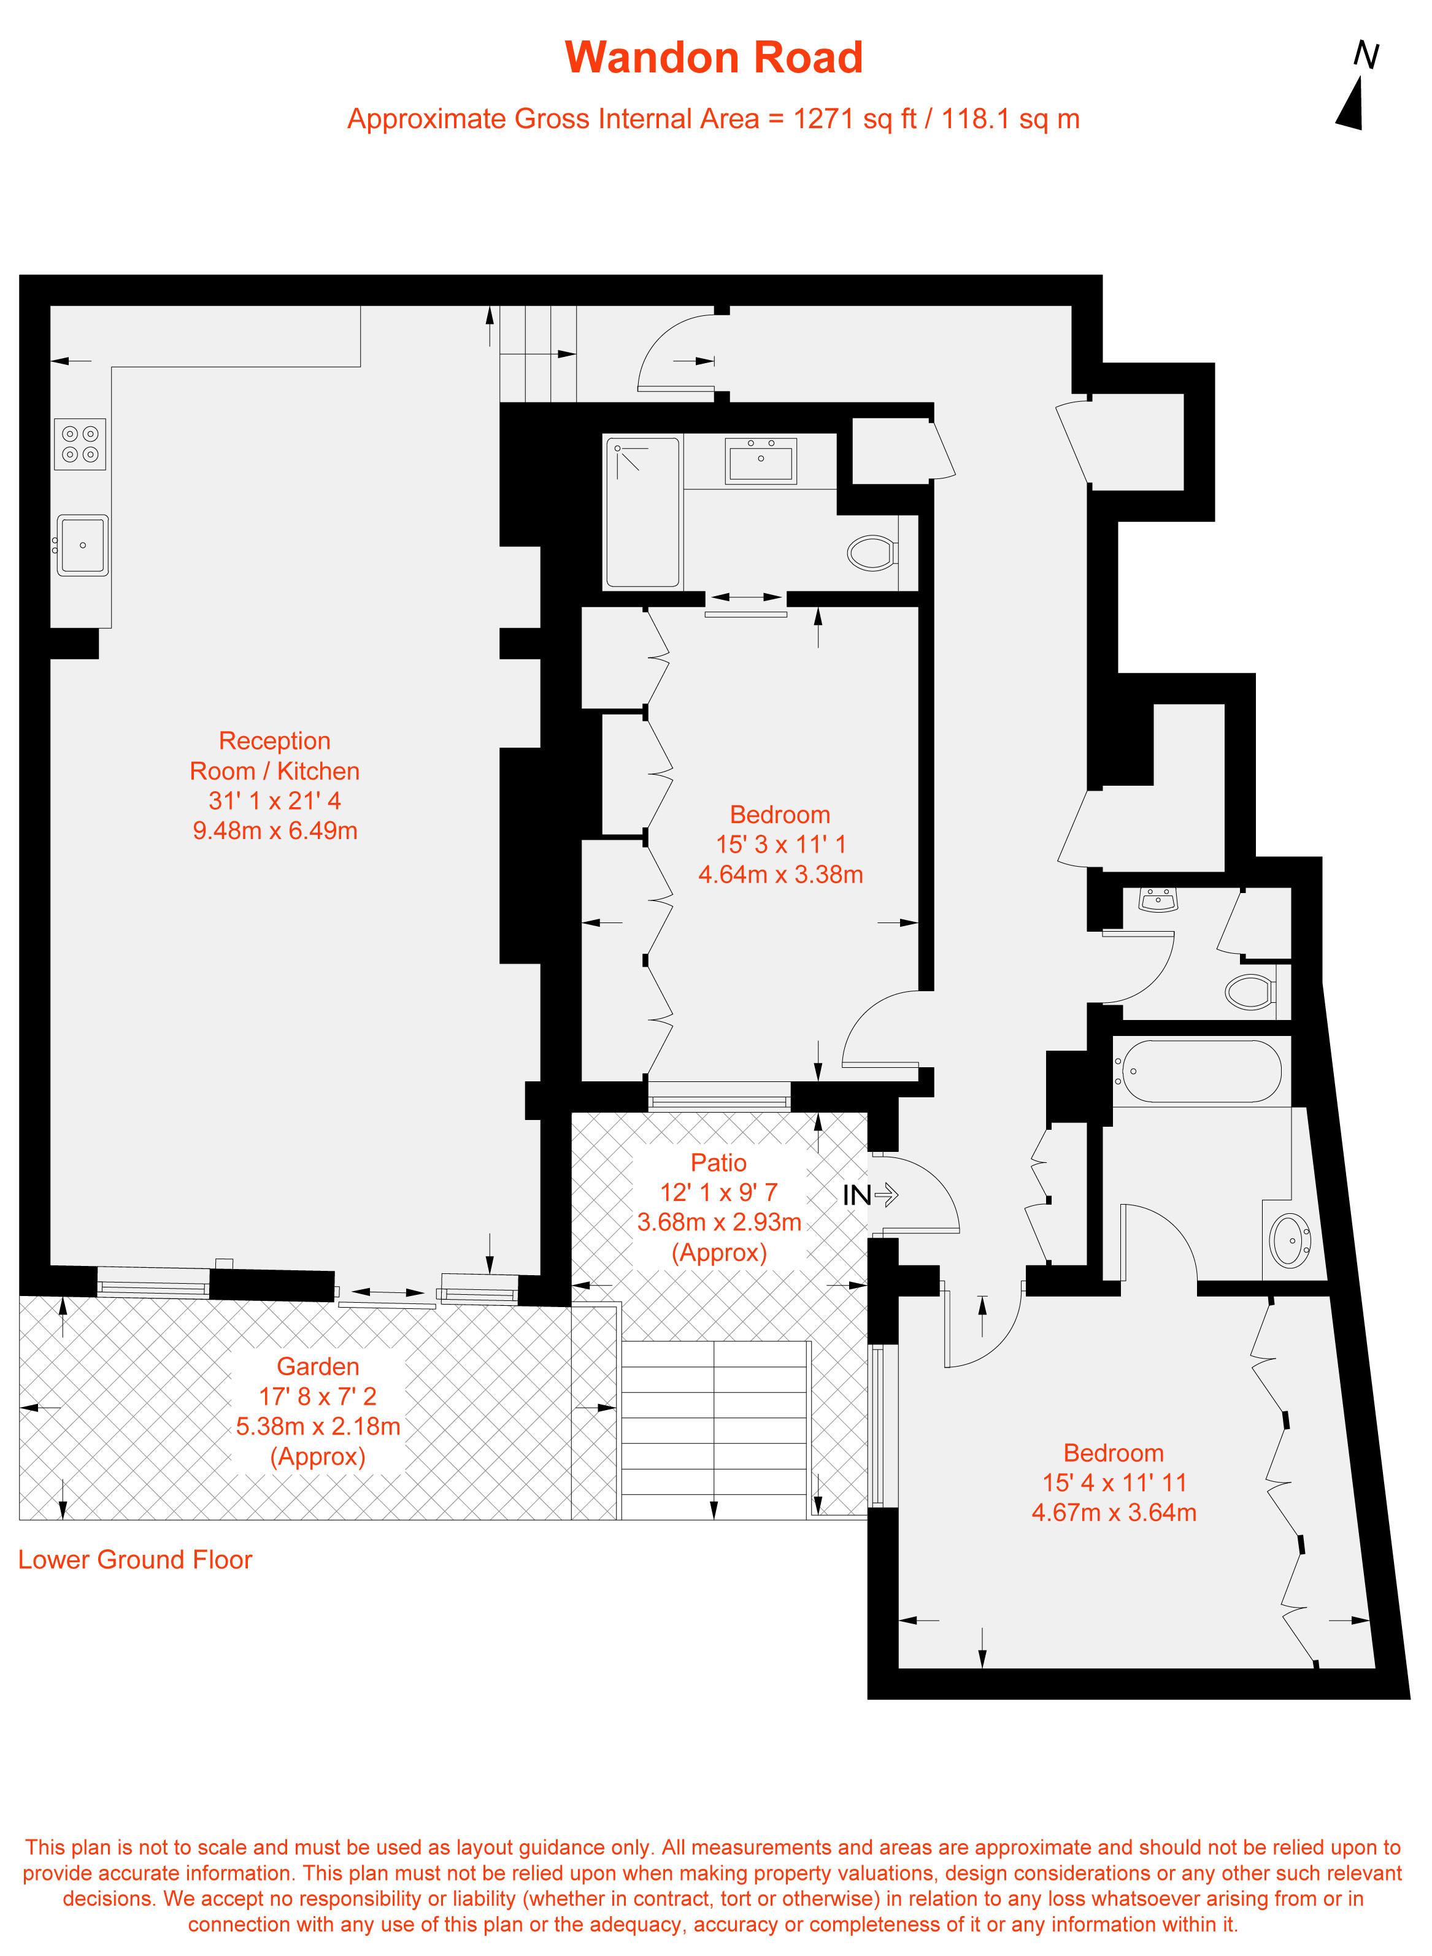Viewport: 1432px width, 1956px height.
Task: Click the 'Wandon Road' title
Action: tap(714, 57)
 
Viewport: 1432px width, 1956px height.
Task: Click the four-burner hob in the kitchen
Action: tap(80, 443)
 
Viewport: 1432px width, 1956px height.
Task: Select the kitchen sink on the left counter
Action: tap(82, 545)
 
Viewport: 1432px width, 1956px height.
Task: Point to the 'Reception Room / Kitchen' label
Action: tap(275, 756)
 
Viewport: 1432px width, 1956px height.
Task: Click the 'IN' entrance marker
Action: tap(870, 1195)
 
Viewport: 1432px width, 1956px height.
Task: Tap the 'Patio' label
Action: tap(718, 1162)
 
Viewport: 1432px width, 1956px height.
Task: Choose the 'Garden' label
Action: tap(318, 1366)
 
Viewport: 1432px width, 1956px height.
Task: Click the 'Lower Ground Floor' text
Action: tap(135, 1559)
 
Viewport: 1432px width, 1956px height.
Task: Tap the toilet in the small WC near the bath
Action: tap(1251, 991)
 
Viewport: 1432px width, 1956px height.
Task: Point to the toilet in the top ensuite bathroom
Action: tap(872, 552)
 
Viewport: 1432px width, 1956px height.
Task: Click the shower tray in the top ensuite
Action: tap(642, 512)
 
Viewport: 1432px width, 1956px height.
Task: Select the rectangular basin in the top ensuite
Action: tap(761, 459)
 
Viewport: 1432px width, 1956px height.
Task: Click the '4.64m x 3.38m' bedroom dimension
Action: tap(780, 875)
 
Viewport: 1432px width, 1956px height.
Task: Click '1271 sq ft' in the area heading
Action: tap(855, 119)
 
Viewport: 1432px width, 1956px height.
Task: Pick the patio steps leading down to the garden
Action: tap(714, 1430)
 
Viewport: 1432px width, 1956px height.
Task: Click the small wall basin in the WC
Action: tap(1158, 900)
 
